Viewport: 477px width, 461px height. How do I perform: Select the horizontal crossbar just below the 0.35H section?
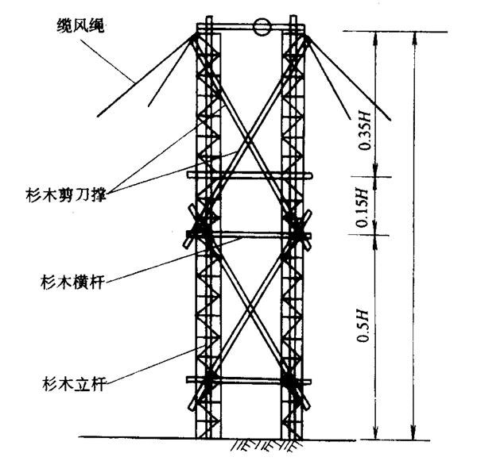tap(246, 174)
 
